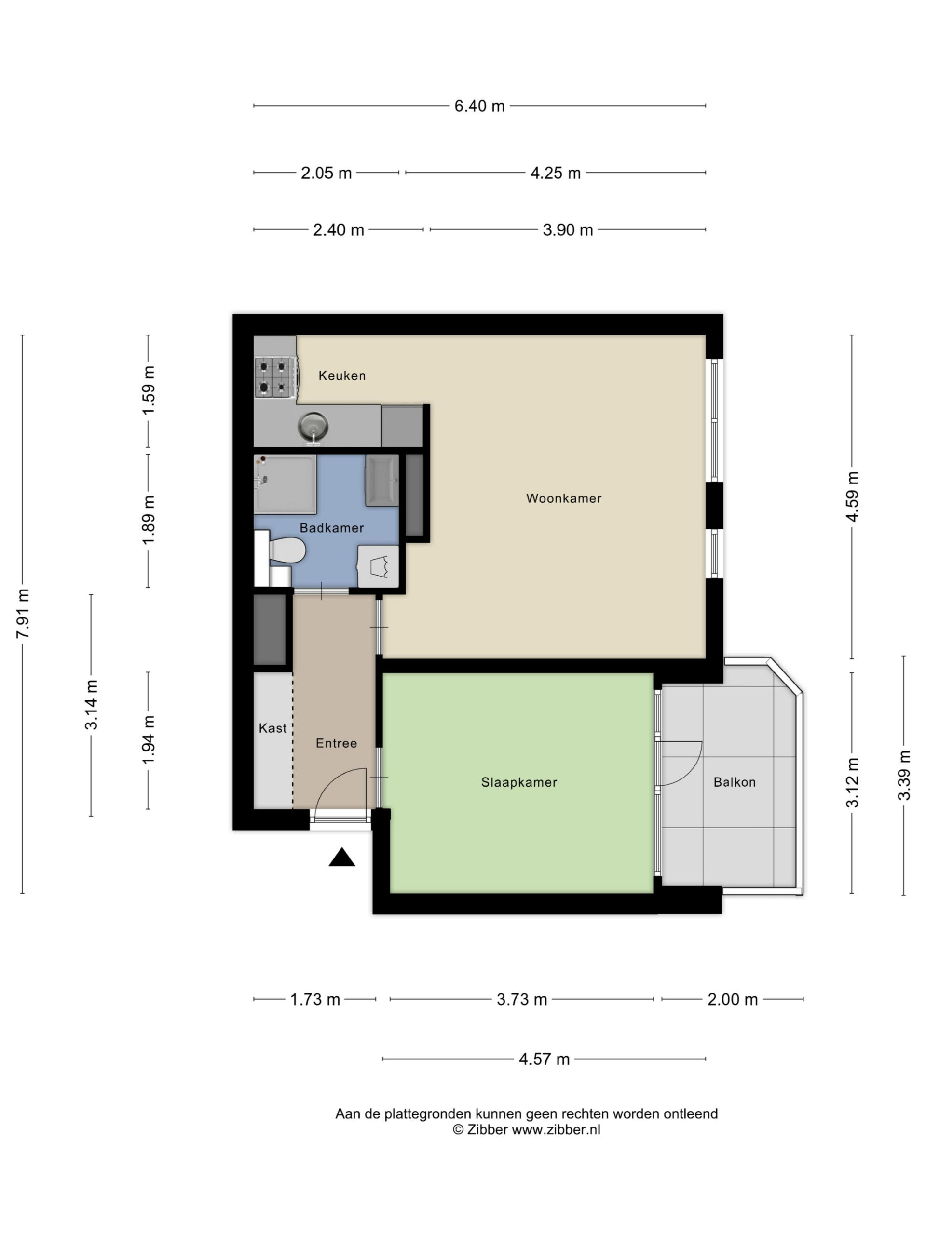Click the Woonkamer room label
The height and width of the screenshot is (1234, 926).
point(564,498)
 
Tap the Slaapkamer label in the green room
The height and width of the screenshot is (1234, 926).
point(519,782)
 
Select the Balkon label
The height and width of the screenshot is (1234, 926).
point(735,782)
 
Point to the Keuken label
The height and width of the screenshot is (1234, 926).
point(342,376)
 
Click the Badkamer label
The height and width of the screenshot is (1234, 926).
point(331,528)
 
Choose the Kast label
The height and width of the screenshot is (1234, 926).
point(272,728)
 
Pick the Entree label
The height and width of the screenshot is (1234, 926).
point(336,743)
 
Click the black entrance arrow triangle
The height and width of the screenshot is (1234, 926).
point(341,858)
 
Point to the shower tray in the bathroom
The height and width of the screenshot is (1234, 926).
point(285,483)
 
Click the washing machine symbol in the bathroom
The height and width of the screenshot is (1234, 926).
point(378,566)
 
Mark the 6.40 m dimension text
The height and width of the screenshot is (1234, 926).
point(479,106)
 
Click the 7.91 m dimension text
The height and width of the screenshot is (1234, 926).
point(23,614)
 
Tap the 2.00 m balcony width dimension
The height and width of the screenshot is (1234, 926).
point(732,999)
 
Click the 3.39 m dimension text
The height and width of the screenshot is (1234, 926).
point(904,776)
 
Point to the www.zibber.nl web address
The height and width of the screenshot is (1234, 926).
point(556,1130)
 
